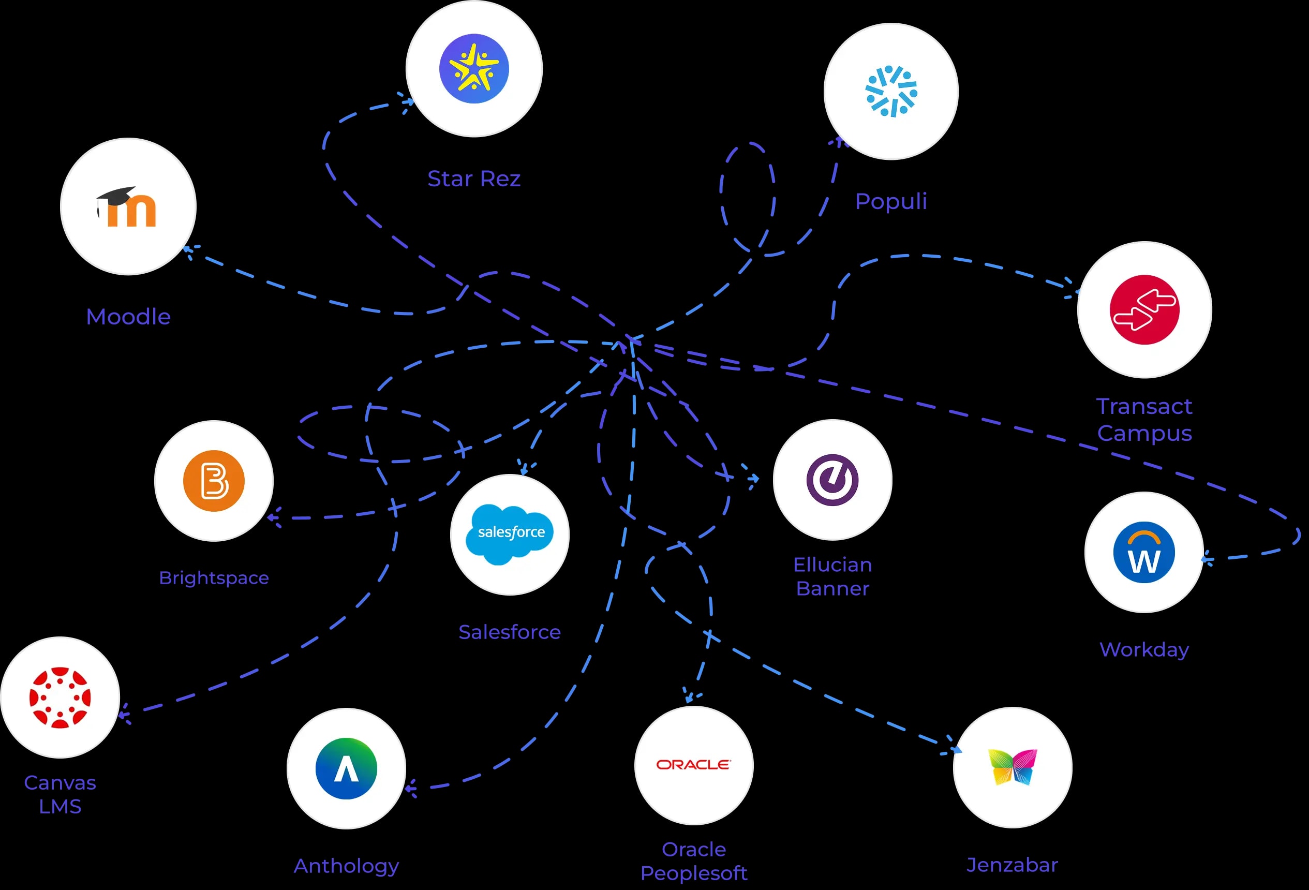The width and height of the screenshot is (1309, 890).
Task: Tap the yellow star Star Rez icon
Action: (474, 69)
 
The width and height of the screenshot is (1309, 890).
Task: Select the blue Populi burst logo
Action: (891, 91)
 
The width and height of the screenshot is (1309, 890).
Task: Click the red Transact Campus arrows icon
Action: (1144, 310)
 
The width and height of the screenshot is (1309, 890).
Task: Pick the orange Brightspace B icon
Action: (214, 481)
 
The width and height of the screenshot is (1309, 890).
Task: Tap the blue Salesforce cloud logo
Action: (510, 533)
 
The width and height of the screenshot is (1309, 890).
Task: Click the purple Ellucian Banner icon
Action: (832, 480)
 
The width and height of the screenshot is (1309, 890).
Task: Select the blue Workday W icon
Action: (1144, 552)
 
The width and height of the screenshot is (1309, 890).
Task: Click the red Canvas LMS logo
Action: (59, 698)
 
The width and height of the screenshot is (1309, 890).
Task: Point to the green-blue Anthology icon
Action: (346, 768)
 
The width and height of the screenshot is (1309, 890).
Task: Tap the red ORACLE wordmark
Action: (693, 764)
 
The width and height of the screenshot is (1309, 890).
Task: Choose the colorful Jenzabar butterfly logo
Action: (1012, 767)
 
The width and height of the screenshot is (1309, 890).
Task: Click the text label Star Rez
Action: (474, 179)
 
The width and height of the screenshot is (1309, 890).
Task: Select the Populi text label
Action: (890, 201)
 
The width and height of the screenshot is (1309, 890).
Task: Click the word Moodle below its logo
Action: (128, 317)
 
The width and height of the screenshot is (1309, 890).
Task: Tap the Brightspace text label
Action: (214, 578)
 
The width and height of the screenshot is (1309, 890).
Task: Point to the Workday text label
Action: (1144, 649)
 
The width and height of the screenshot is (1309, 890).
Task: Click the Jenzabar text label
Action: (1012, 865)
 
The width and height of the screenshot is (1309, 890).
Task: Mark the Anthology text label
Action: (346, 866)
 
